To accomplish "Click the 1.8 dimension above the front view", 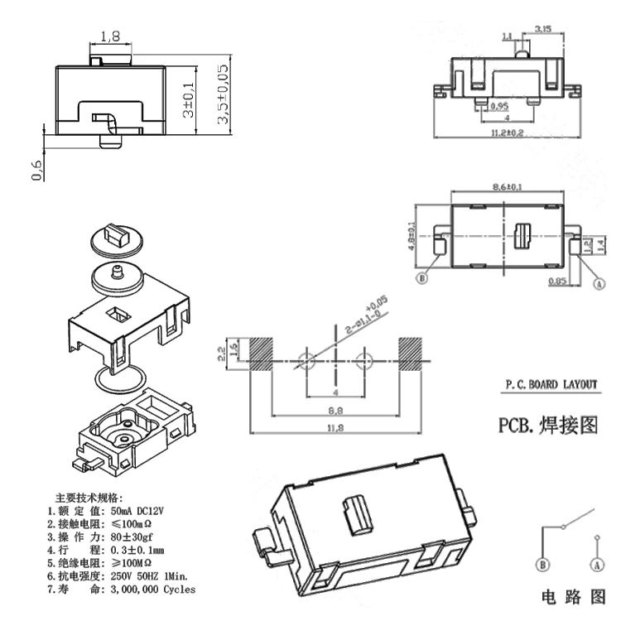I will click(109, 36).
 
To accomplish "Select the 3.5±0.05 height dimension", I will click(222, 95).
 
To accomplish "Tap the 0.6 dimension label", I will click(36, 170).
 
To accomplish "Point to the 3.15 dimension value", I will click(543, 29).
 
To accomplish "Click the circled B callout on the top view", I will click(422, 279).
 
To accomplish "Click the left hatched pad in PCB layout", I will click(261, 354).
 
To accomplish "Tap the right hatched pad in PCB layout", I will click(412, 354).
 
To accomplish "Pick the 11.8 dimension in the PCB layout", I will click(335, 427).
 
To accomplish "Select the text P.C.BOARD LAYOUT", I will click(551, 385).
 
